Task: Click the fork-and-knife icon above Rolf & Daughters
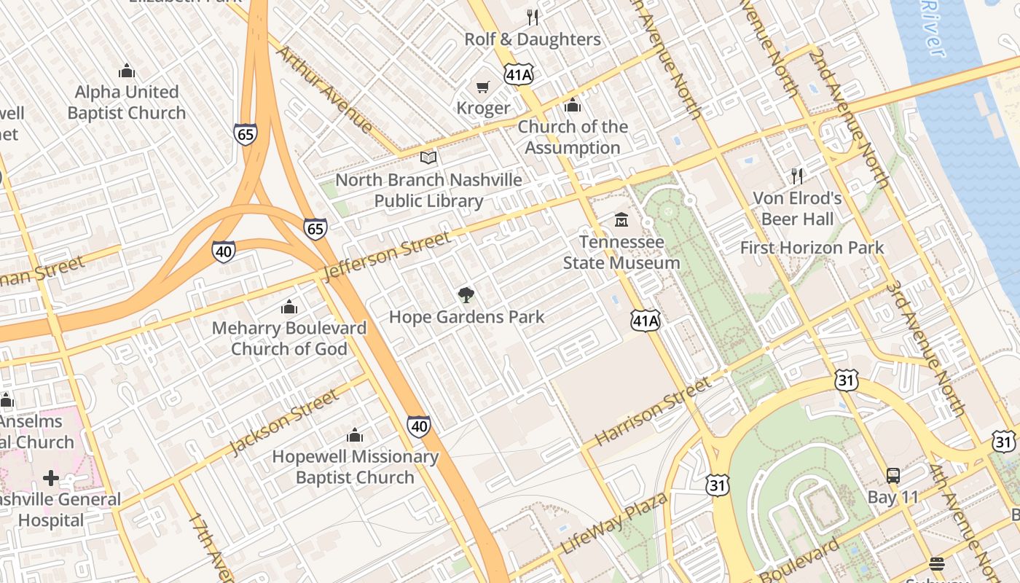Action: tap(533, 17)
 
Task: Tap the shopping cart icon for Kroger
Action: tap(482, 87)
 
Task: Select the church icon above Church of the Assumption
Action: tap(573, 106)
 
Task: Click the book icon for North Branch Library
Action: tap(428, 157)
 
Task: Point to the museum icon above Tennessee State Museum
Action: tap(621, 219)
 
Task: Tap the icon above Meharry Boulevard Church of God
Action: tap(289, 307)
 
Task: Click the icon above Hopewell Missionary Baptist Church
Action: tap(355, 436)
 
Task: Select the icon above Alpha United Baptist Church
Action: tap(127, 71)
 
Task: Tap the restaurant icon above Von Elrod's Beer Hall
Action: tap(797, 176)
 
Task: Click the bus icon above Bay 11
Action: tap(893, 476)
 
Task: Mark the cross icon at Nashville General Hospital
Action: tap(50, 478)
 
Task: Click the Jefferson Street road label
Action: tap(387, 257)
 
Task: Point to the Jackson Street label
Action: tap(283, 422)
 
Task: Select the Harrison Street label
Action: tap(651, 412)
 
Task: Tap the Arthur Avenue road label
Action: tap(324, 89)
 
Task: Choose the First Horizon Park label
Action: tap(812, 248)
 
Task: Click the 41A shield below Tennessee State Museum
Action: tap(646, 320)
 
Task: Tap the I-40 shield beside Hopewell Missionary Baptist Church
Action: tap(418, 426)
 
